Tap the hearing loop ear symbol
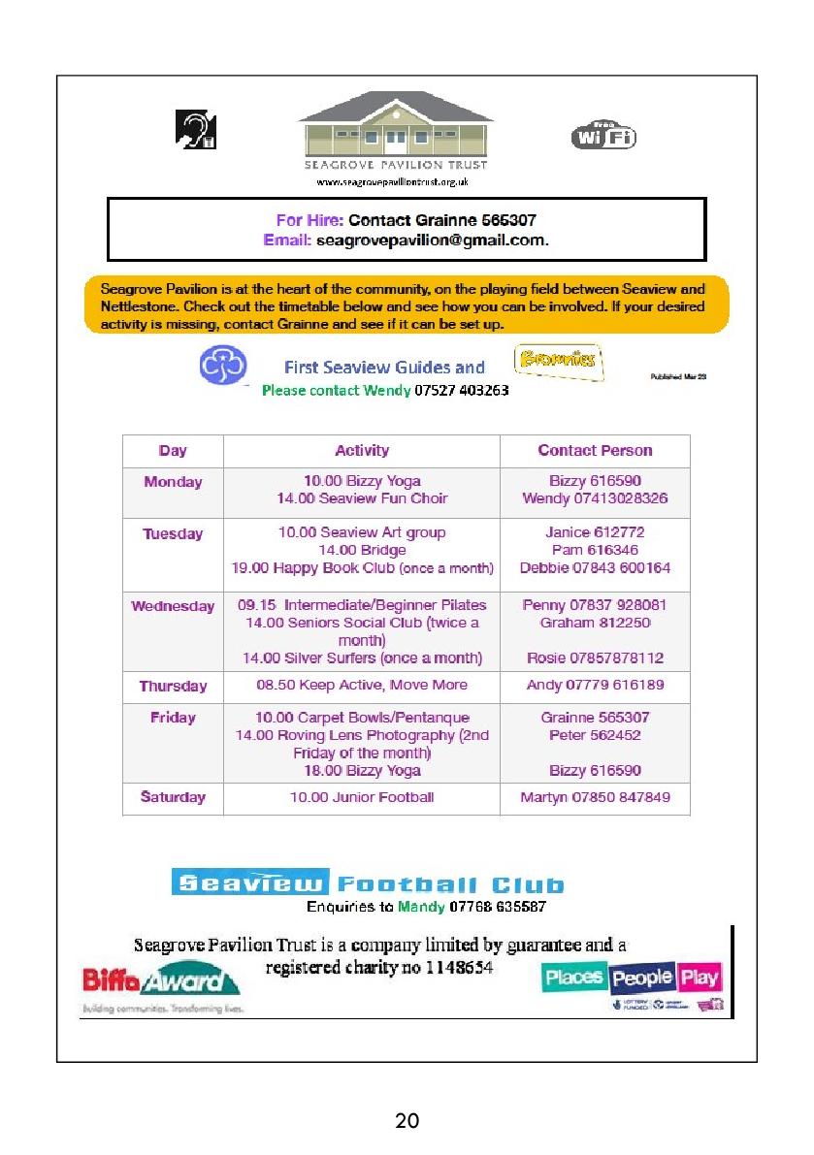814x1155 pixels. click(195, 130)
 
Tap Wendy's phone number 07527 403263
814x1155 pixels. click(462, 391)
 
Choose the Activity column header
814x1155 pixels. click(362, 450)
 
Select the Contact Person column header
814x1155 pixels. click(595, 450)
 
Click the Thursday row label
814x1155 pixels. click(173, 686)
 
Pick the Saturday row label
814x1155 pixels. click(173, 797)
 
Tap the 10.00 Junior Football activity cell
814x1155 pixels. click(362, 797)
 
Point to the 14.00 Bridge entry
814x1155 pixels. click(362, 550)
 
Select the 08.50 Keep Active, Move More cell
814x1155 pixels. click(362, 685)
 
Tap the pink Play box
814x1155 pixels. click(700, 977)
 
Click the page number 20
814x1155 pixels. click(407, 1122)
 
